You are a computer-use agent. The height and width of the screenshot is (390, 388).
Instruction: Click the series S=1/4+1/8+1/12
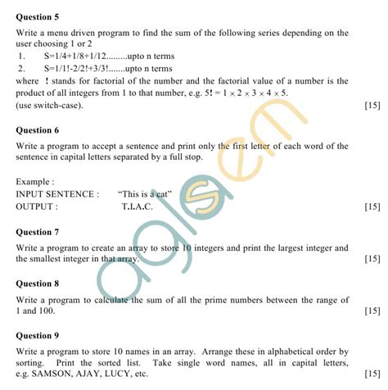tap(82, 57)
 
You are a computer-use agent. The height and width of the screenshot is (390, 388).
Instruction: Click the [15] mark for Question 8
tap(371, 311)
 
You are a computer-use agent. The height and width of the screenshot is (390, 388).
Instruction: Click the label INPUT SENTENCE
tap(57, 194)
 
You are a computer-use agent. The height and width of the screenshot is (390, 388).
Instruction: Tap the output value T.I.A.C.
tap(137, 206)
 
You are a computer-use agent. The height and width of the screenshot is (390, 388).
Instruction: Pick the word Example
tap(35, 181)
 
